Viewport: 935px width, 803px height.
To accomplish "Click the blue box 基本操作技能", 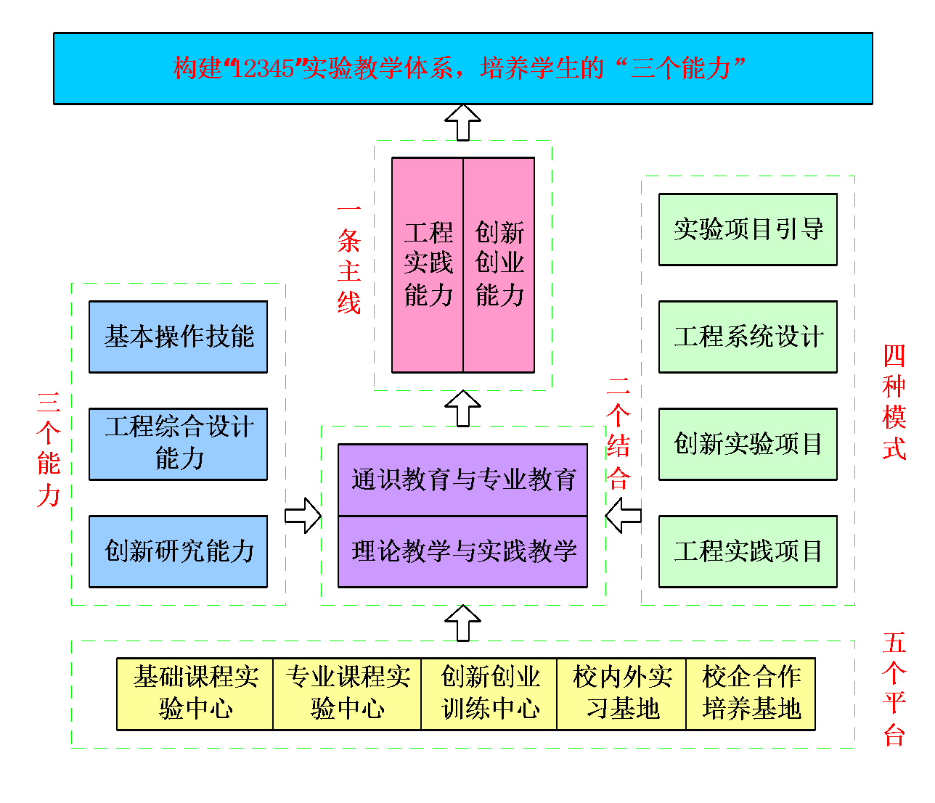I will tap(178, 337).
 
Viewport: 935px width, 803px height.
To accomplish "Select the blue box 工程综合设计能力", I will tap(178, 444).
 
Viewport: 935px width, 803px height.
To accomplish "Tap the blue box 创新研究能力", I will tap(178, 551).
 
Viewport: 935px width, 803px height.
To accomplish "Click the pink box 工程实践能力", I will tap(428, 265).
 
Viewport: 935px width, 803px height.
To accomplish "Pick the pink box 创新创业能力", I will tap(499, 265).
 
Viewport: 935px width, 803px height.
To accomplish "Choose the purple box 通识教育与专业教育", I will tap(463, 479).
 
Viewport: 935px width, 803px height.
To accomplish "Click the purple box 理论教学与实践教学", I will tap(463, 551).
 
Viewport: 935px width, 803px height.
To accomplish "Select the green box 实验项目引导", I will tap(748, 229).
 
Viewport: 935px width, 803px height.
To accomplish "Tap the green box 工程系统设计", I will tap(748, 337).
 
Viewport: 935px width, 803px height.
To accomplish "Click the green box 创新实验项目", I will tap(748, 444).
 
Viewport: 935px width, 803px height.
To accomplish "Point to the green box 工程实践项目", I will tap(748, 551).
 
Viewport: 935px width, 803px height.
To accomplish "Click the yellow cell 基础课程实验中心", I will tap(195, 693).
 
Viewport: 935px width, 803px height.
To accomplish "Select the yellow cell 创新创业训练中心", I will tap(489, 693).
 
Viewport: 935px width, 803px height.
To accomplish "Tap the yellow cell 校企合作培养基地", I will tap(751, 693).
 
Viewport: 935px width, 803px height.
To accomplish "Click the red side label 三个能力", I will tap(49, 448).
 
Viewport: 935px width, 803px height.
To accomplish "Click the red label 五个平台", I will tap(894, 689).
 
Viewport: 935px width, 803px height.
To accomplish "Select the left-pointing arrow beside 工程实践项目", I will tap(624, 516).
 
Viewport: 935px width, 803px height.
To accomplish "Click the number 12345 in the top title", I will tap(264, 68).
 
